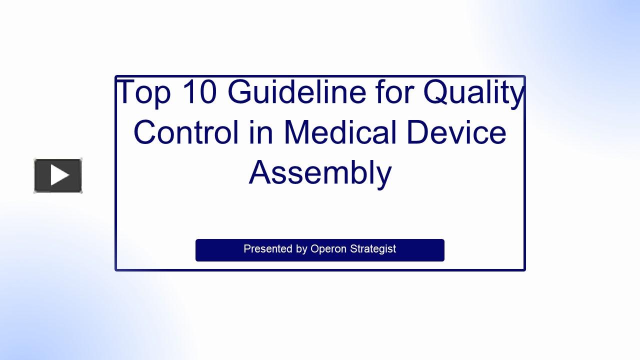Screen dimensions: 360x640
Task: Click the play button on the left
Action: click(58, 175)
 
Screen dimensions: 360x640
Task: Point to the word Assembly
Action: click(320, 173)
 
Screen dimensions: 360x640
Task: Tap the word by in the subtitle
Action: click(301, 249)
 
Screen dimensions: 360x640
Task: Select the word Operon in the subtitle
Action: click(328, 249)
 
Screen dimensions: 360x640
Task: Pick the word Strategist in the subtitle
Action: click(372, 249)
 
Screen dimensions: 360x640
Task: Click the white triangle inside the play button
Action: click(59, 175)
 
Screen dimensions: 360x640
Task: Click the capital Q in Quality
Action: click(438, 92)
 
